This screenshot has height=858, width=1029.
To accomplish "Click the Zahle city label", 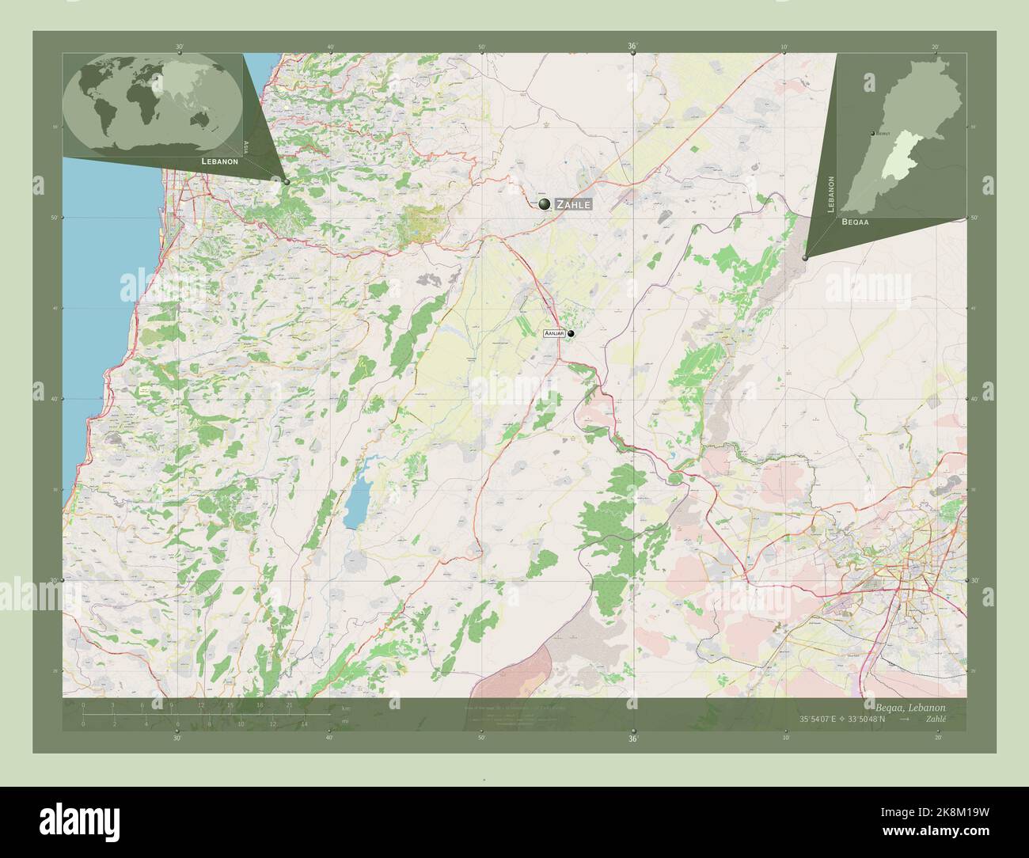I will coord(573,204).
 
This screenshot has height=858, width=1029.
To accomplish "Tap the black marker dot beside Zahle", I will coord(544,205).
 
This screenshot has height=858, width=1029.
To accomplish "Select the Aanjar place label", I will coord(553,335).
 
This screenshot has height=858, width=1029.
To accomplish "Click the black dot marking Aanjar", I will coord(570,334).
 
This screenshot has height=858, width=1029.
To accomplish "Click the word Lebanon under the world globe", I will coord(220,161).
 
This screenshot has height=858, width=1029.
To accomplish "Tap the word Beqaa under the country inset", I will coord(856,222).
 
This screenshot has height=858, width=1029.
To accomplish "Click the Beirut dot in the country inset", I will coord(871,134).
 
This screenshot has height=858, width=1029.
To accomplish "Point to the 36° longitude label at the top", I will coord(632,47).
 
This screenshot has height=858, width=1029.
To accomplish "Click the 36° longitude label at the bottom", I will coord(632,738).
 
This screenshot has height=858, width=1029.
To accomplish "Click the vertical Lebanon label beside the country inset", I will coord(831,194).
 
